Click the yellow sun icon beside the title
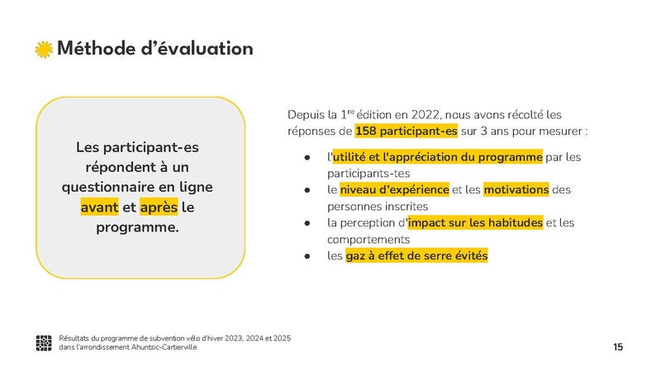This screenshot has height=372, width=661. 44,49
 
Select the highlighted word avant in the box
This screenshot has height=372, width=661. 99,207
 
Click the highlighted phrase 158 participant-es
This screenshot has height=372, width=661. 406,131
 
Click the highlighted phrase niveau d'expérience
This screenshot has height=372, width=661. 394,189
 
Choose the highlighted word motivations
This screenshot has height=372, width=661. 516,189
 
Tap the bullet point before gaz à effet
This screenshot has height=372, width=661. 307,256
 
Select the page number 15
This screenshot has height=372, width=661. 618,347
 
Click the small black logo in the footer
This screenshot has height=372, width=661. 44,343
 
